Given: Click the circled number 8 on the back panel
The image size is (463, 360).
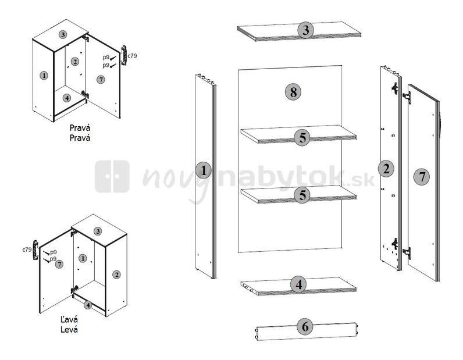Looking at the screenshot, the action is click(293, 91).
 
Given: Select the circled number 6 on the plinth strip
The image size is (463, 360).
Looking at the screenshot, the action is click(305, 327).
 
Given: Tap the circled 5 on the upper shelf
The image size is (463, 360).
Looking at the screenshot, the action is click(302, 138).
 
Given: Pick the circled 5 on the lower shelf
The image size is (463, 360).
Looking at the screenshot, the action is click(302, 195).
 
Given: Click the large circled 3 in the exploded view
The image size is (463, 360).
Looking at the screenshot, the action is click(305, 30).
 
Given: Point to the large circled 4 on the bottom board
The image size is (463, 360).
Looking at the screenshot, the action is click(299, 285).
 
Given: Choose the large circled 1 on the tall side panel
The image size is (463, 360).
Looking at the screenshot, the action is click(204, 170).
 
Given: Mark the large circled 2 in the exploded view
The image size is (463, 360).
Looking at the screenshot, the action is click(386, 169).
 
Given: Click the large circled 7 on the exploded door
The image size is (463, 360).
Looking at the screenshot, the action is click(422, 177).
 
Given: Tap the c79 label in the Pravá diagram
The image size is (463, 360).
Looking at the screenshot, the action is click(132, 55).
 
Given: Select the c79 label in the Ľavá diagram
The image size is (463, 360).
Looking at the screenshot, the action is click(27, 249).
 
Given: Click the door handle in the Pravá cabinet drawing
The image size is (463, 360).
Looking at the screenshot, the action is click(124, 55).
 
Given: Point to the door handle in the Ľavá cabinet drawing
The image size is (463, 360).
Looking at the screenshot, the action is click(35, 250).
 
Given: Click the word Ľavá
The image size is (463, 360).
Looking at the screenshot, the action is click(69, 319).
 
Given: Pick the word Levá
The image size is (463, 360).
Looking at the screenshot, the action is click(69, 329).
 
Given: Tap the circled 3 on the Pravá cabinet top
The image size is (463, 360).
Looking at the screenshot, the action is click(62, 34).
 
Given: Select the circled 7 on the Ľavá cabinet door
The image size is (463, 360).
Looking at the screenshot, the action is click(59, 264).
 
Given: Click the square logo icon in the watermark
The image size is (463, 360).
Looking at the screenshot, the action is click(112, 176).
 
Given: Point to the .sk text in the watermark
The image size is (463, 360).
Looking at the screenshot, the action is click(364, 181).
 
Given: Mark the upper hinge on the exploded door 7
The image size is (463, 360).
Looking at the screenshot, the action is click(407, 97).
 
